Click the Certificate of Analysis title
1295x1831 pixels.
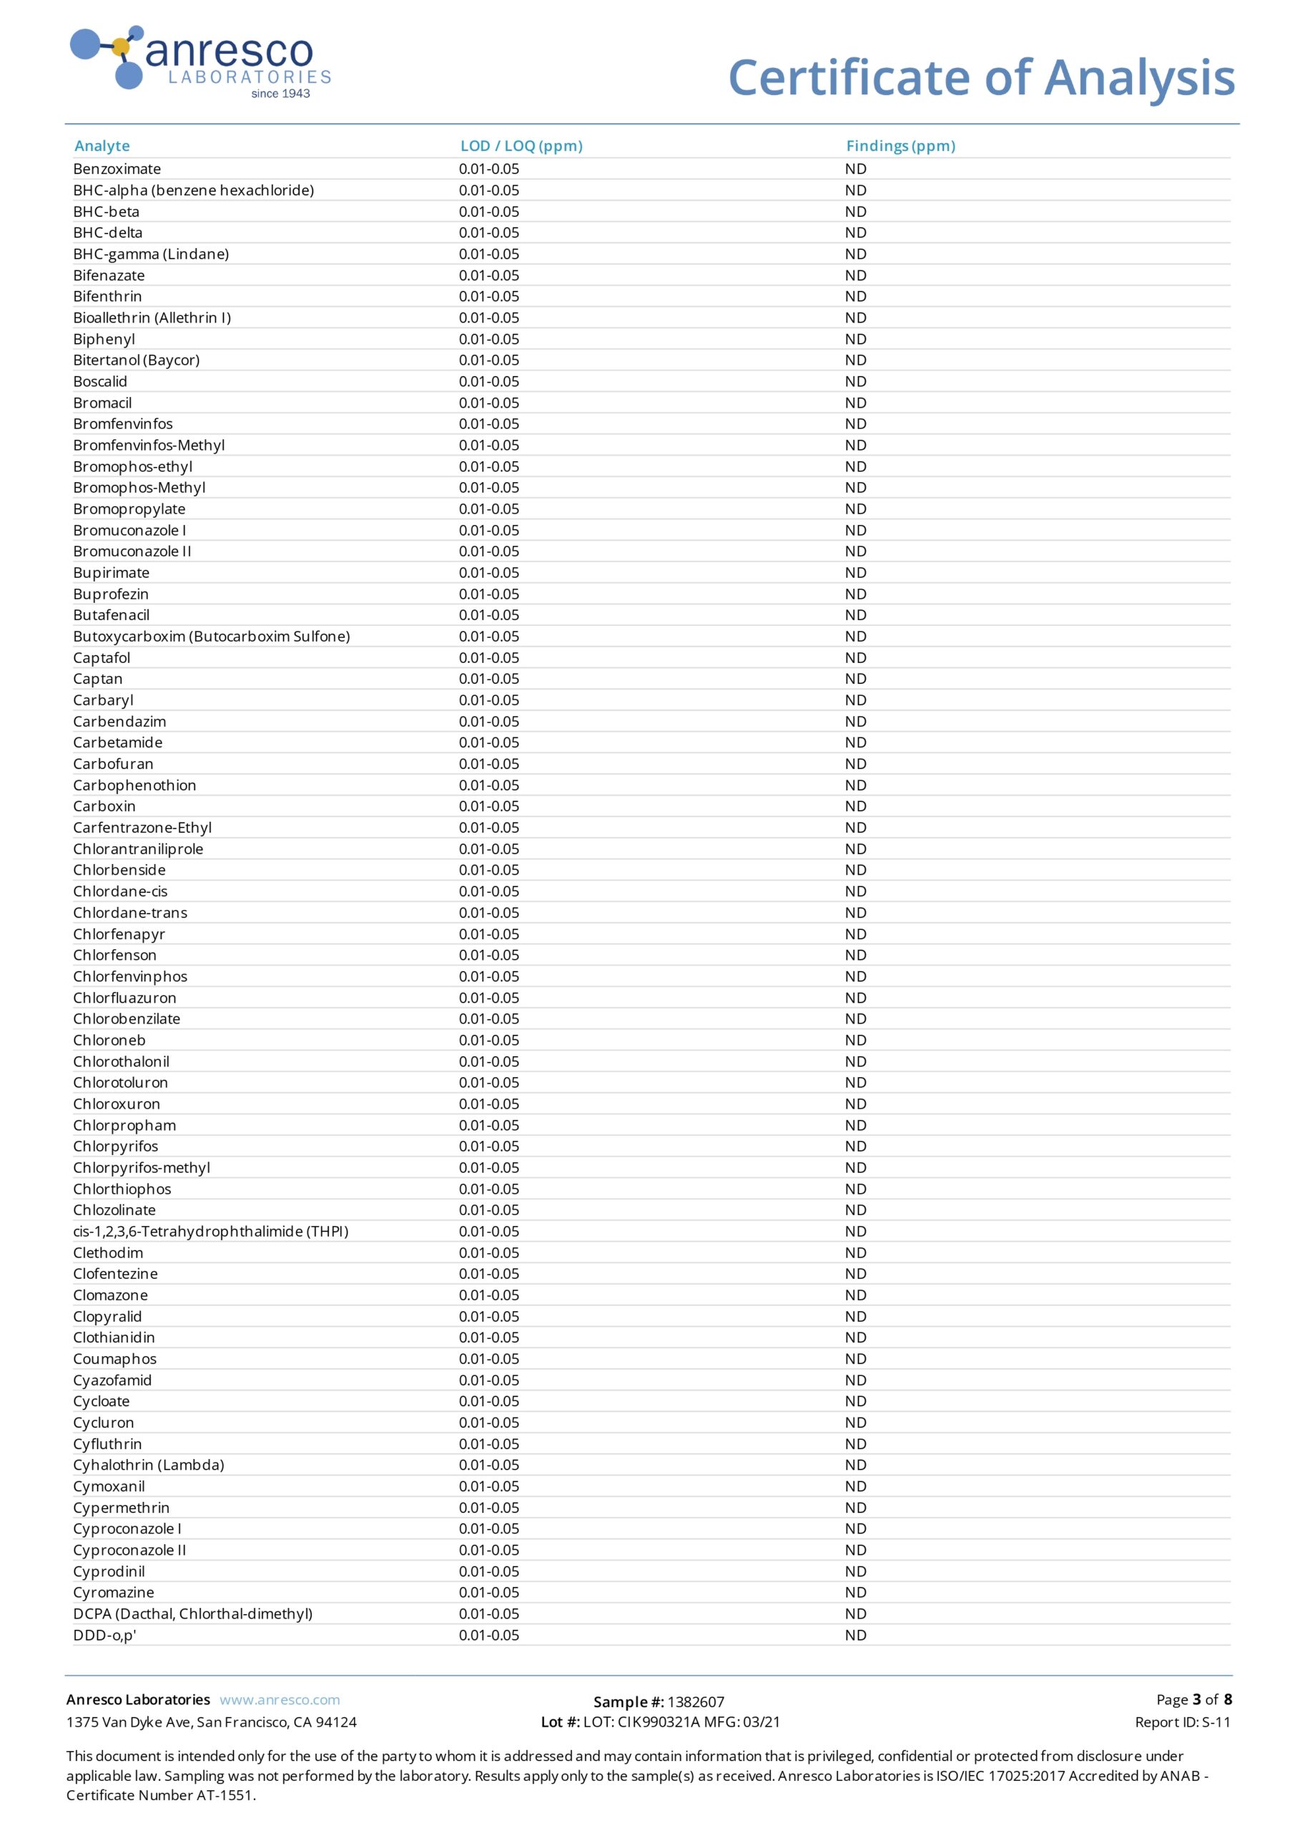pyautogui.click(x=981, y=78)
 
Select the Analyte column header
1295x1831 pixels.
pyautogui.click(x=102, y=146)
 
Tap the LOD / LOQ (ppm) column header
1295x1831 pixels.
pyautogui.click(x=521, y=146)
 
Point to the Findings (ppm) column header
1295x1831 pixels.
pyautogui.click(x=900, y=146)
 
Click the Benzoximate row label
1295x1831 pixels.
pyautogui.click(x=117, y=169)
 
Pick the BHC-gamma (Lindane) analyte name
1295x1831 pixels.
pyautogui.click(x=151, y=254)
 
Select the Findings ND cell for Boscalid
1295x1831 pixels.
pyautogui.click(x=856, y=381)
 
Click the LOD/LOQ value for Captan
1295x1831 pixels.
pyautogui.click(x=489, y=679)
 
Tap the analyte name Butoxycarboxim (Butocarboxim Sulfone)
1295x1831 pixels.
pyautogui.click(x=212, y=637)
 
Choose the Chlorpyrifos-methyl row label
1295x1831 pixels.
pyautogui.click(x=142, y=1167)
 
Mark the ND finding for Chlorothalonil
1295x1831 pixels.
pyautogui.click(x=856, y=1061)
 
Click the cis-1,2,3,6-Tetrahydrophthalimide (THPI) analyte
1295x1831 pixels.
pyautogui.click(x=210, y=1232)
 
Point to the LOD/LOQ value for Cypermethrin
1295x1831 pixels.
pyautogui.click(x=489, y=1507)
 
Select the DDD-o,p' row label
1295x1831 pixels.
pyautogui.click(x=104, y=1635)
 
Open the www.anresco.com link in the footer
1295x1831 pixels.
pyautogui.click(x=280, y=1700)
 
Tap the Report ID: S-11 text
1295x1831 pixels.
pyautogui.click(x=1183, y=1722)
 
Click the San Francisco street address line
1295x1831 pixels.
pyautogui.click(x=212, y=1722)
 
